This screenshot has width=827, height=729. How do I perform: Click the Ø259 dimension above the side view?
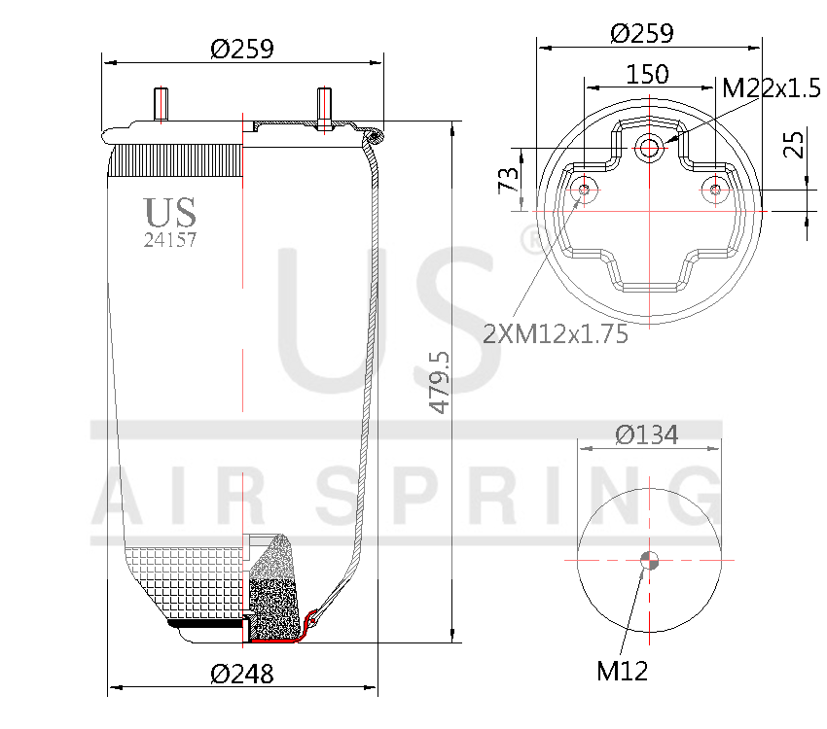pos(241,48)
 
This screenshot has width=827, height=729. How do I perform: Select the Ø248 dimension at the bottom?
pos(241,673)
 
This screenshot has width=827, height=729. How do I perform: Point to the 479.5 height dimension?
pos(440,383)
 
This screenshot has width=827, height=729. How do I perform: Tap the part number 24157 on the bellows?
pos(170,240)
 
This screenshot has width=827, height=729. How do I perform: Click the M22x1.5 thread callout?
pos(772,88)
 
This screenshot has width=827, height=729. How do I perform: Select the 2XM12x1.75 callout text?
pos(556,334)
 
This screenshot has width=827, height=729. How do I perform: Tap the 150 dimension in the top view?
pos(647,74)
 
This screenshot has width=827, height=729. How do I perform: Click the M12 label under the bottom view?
pos(622,670)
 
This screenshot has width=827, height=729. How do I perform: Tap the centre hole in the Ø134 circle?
pos(649,559)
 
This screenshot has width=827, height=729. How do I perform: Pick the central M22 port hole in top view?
pos(649,149)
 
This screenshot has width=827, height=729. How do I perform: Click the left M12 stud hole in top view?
pos(585,190)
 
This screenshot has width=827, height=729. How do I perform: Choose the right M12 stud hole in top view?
pos(716,190)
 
